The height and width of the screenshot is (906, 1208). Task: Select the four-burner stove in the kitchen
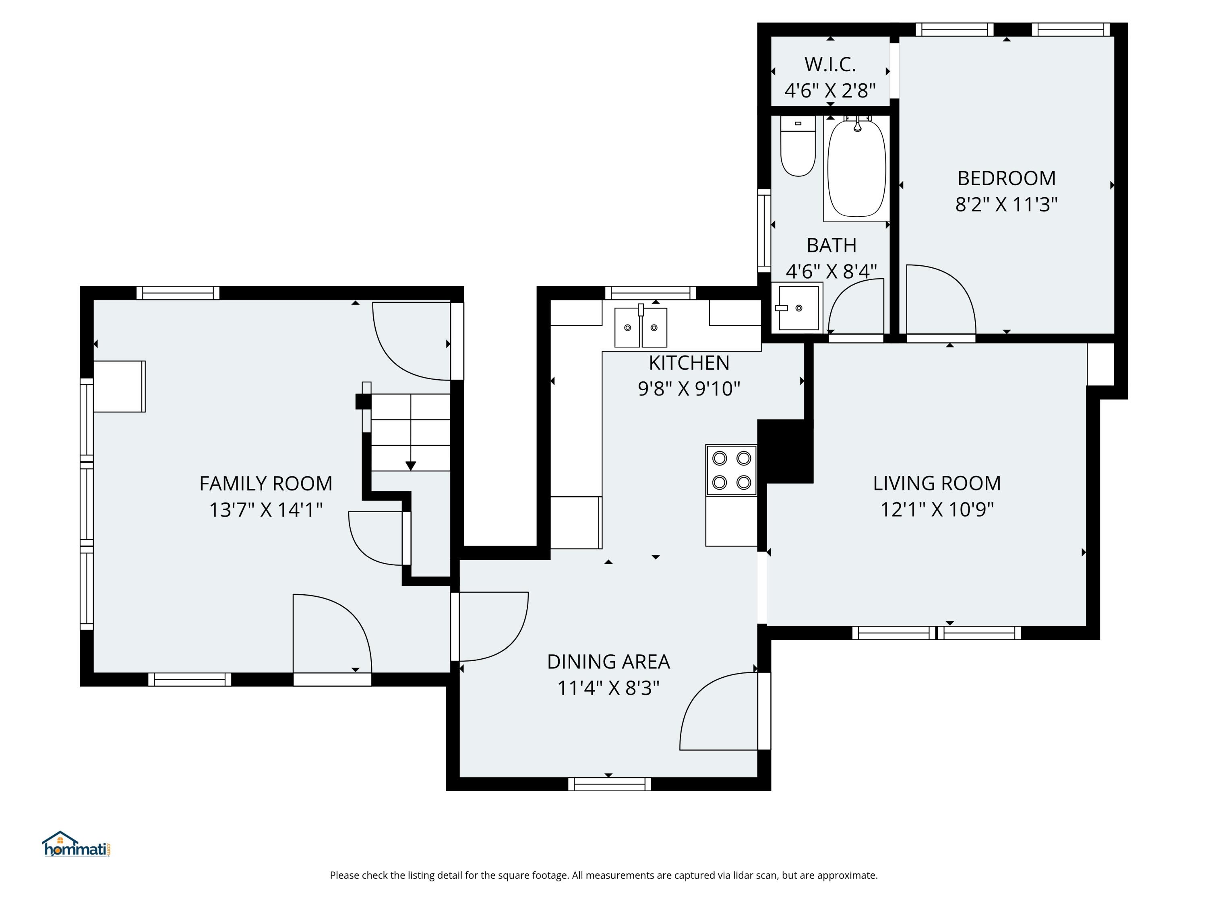731,470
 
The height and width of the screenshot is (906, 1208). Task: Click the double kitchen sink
641,327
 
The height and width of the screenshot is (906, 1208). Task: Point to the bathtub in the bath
856,169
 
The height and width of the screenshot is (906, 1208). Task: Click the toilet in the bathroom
798,146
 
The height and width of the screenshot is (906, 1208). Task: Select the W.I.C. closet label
830,64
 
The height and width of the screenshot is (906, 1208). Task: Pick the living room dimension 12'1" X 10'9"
937,509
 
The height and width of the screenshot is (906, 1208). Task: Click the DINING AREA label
608,662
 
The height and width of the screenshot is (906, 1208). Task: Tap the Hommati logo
77,845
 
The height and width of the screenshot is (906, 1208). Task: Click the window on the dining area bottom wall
610,784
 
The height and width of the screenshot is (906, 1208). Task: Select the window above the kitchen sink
650,293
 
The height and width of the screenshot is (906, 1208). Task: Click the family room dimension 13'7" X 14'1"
265,510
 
